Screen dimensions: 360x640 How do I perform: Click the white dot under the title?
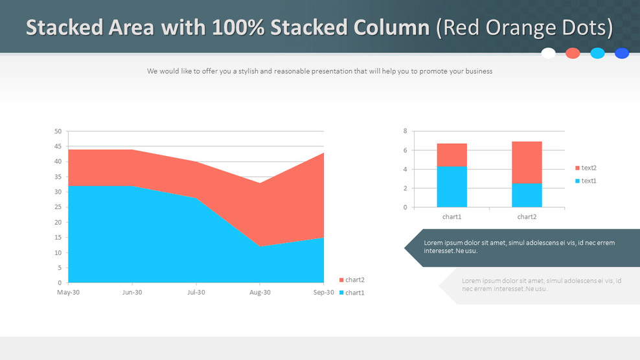click(x=548, y=53)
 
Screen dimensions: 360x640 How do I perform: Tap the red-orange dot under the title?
click(x=573, y=53)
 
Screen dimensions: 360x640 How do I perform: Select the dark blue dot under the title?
click(x=622, y=53)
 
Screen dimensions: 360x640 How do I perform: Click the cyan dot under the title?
click(x=597, y=53)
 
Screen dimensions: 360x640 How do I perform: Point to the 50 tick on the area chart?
click(x=58, y=131)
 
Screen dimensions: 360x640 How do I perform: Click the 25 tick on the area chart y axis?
click(x=58, y=207)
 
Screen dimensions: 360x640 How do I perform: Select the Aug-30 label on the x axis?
click(x=260, y=293)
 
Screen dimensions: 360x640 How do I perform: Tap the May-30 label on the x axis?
click(x=68, y=293)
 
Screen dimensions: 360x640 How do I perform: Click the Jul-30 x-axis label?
click(x=196, y=293)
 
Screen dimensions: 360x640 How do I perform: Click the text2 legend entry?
click(x=588, y=168)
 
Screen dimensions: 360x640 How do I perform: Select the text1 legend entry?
click(x=588, y=181)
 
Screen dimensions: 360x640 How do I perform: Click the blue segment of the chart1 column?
click(x=451, y=187)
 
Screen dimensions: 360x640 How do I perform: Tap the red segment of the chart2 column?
click(x=527, y=162)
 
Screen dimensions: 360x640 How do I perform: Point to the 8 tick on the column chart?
click(x=405, y=131)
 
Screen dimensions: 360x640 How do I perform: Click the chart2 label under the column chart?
click(x=527, y=217)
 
